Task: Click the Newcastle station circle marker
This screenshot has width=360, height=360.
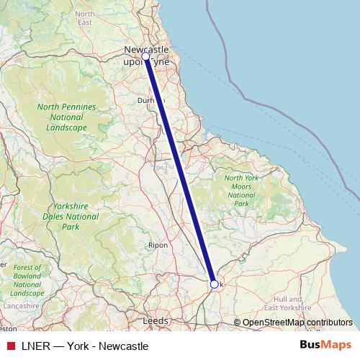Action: point(145,55)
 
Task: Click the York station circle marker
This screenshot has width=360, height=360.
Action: point(214,284)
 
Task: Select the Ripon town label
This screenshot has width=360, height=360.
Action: point(158,245)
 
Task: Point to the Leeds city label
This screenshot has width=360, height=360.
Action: point(156,320)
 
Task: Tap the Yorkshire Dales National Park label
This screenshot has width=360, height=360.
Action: point(71,215)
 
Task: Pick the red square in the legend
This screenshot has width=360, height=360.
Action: point(11,345)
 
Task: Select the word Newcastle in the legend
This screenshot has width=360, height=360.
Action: point(124,346)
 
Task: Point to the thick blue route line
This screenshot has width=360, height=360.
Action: point(180,171)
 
